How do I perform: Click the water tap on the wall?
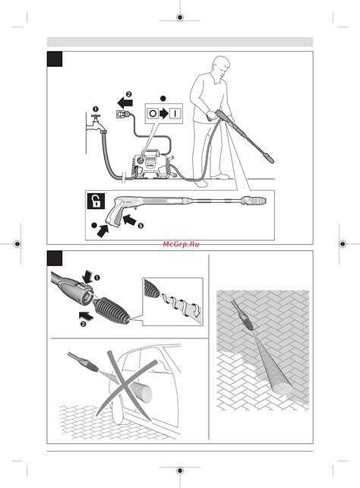coord(95,124)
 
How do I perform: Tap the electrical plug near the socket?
coord(123,114)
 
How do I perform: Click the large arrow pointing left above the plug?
coord(125,103)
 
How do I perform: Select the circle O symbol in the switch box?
coord(153,113)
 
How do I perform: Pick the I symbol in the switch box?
coord(175,113)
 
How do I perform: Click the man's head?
coord(221,67)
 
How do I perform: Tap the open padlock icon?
coord(96,201)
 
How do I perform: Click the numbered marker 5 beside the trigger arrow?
coord(141,226)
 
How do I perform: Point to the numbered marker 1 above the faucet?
coord(96,109)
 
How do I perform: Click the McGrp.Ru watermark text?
coord(181,244)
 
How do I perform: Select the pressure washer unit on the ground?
coord(151,163)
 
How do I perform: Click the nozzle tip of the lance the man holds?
coord(268,158)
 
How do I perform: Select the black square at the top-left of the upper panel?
coord(55,59)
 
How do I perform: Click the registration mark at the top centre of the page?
coord(180,17)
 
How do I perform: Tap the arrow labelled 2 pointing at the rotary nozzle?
coord(87,316)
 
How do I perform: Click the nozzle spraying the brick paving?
coord(243,315)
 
